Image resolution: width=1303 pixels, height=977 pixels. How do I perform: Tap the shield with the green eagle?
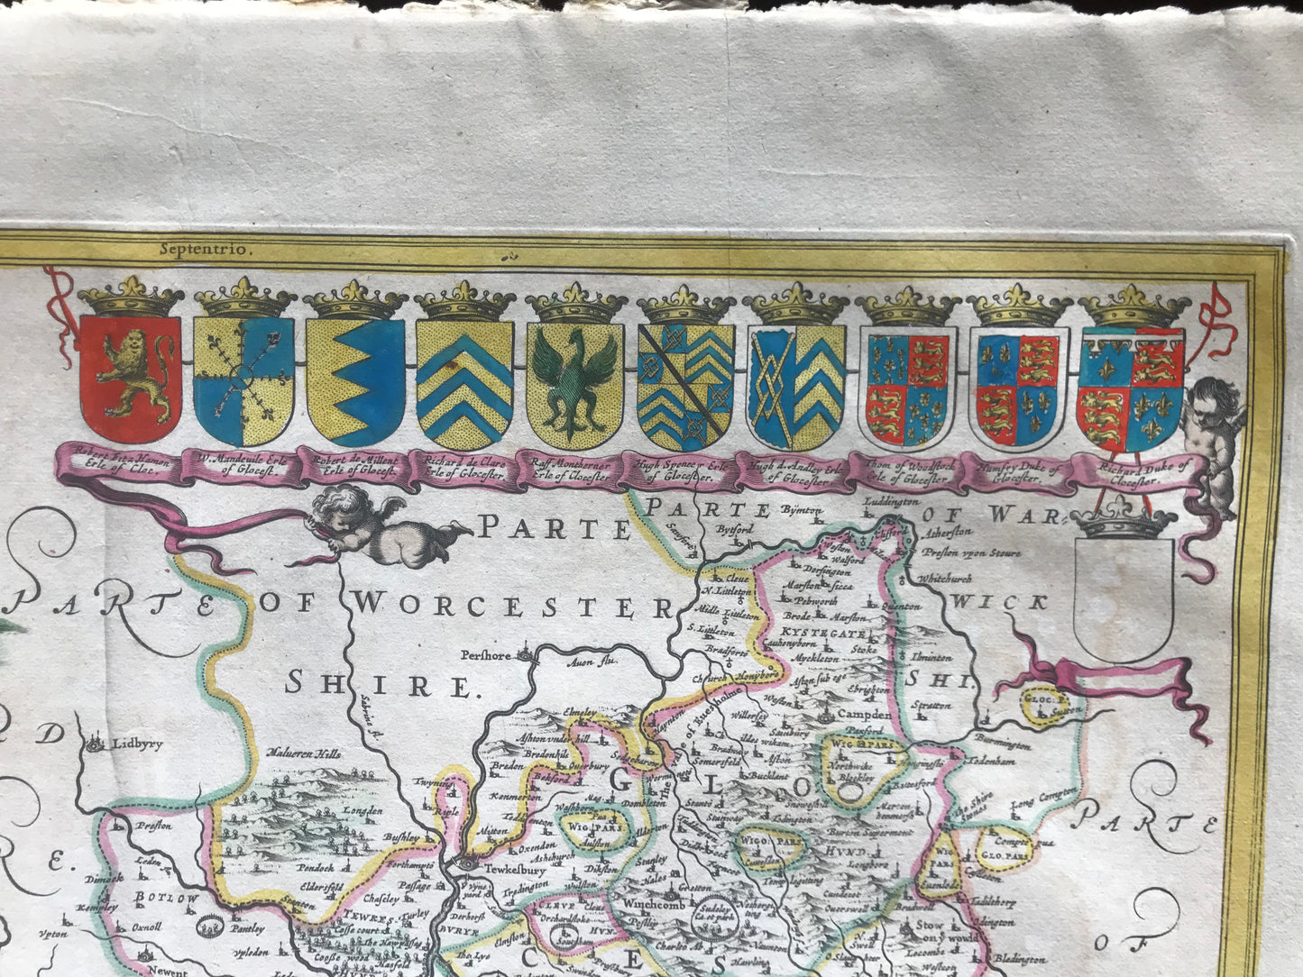click(x=575, y=383)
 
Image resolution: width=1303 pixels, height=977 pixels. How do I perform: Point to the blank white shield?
click(x=1124, y=599)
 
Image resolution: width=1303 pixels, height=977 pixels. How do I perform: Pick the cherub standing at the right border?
click(x=1215, y=442)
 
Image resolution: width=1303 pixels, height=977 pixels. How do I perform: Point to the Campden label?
click(x=864, y=715)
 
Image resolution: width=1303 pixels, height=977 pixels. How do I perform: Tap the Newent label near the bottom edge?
click(x=167, y=972)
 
